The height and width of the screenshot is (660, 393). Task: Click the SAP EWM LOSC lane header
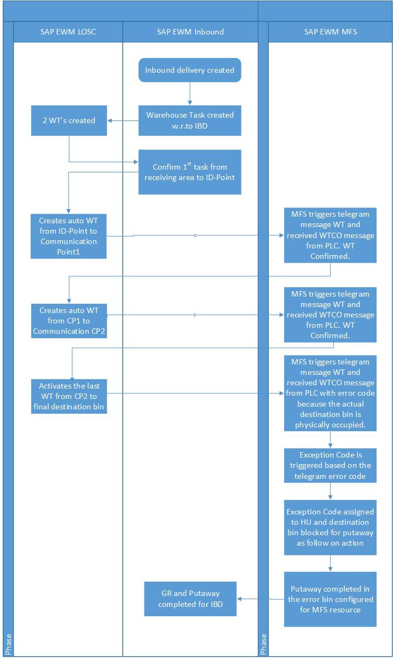point(68,32)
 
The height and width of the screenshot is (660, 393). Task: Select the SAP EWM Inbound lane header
point(190,32)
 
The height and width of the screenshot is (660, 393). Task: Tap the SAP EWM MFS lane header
point(330,32)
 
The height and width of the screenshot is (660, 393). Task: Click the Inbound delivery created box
point(190,70)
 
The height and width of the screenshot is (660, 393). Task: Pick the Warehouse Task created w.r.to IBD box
point(190,120)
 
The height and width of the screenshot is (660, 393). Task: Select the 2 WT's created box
point(69,120)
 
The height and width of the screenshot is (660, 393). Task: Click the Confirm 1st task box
point(190,172)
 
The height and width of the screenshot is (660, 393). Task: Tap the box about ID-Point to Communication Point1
point(68,236)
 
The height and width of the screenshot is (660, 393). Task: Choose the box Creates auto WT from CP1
point(69,321)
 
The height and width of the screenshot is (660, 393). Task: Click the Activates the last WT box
point(69,396)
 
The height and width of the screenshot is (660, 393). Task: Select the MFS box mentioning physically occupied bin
point(330,393)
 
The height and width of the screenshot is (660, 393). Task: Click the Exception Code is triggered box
point(330,466)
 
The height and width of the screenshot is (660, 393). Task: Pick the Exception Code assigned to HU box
point(330,528)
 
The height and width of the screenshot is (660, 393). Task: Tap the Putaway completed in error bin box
point(330,599)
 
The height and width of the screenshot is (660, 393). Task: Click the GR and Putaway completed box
point(190,599)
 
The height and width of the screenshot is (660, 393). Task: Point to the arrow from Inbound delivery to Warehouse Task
point(190,94)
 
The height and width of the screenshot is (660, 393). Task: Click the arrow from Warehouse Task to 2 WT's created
point(123,120)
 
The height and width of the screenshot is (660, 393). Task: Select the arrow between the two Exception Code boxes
point(330,491)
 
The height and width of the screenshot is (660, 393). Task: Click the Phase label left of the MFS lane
point(263,645)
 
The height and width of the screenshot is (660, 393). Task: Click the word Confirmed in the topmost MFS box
point(330,256)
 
